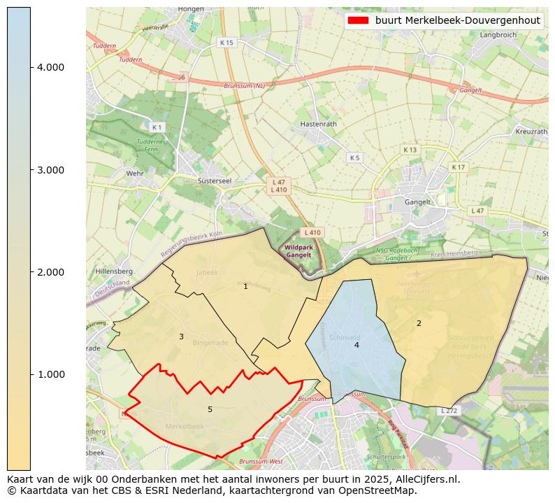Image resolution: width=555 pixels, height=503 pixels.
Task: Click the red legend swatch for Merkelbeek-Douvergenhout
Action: tap(358, 20)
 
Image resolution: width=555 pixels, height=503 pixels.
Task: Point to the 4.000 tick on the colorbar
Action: tap(50, 67)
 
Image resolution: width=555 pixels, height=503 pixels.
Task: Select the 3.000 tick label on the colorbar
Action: tap(50, 170)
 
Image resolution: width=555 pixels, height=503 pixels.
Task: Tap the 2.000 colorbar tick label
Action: tap(50, 272)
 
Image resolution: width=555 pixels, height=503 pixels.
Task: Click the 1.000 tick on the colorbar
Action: tap(50, 374)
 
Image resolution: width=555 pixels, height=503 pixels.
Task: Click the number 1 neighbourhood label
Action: tap(245, 286)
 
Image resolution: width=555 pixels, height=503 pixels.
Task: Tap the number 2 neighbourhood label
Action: tap(419, 323)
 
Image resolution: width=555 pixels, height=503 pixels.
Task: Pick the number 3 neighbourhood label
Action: tap(181, 336)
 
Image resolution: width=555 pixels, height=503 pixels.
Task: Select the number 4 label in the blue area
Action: tap(356, 345)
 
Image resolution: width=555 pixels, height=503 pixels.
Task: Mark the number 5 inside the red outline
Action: tap(210, 409)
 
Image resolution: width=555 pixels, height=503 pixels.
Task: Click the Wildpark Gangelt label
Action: tap(300, 251)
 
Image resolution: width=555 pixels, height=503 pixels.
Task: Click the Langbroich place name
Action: tap(497, 34)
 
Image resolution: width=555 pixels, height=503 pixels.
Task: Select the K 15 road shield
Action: tap(226, 43)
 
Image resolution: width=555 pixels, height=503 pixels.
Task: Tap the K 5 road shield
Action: tap(354, 157)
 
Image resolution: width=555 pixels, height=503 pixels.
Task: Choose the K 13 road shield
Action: tap(410, 150)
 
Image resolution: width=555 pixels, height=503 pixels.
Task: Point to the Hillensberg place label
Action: tap(114, 271)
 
